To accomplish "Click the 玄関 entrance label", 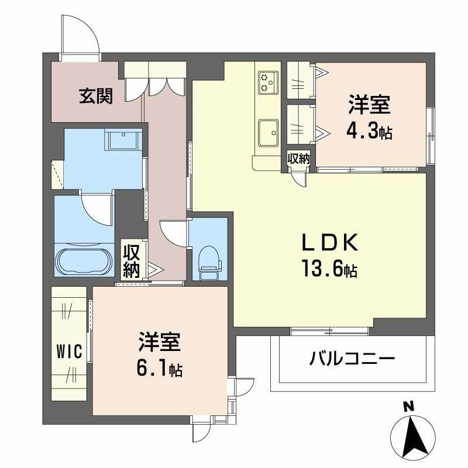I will pos(97,97).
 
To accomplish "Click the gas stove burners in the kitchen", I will pos(268,82).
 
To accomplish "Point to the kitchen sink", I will pos(267,130).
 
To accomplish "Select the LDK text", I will pos(329,243).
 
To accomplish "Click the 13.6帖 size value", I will pos(329,270).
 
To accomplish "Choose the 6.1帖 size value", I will pos(159,369).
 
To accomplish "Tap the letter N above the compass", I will pos(409,405).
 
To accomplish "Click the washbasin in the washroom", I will pos(123,141).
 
